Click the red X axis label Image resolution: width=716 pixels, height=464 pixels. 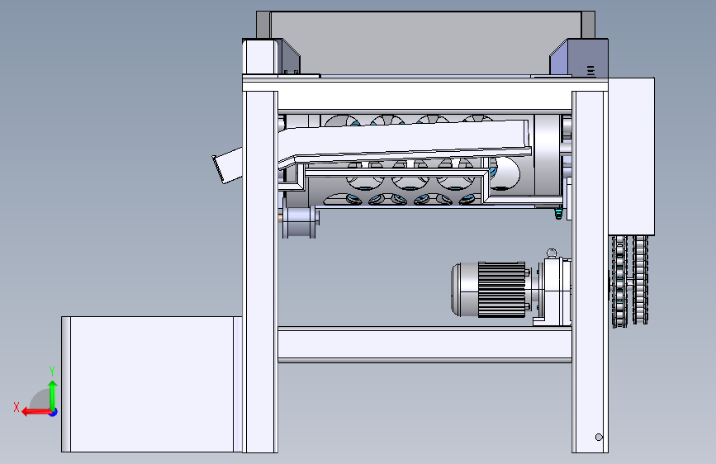17,407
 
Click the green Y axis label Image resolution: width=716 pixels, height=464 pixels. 52,372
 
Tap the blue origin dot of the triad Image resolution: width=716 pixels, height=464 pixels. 54,412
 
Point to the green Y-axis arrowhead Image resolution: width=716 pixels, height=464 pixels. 53,385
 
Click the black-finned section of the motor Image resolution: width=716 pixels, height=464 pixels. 501,290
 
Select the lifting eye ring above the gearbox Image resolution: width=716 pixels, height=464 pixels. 552,253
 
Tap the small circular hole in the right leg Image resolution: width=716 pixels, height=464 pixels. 599,437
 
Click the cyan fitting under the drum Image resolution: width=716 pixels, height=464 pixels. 557,214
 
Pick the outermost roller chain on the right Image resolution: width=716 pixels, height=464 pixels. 640,280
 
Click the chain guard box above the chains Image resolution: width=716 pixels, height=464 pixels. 632,156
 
